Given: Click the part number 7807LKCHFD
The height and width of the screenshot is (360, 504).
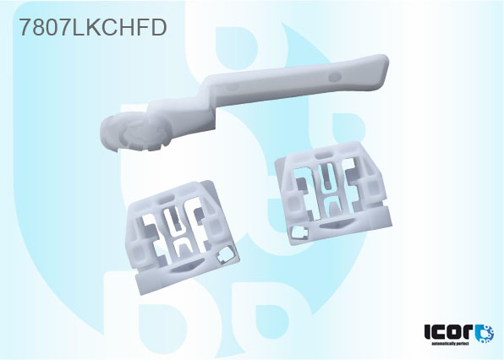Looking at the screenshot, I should point(92,27).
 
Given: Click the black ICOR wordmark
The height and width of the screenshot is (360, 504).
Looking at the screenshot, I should point(448,333).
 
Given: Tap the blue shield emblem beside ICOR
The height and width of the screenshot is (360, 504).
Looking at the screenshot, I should point(485,333).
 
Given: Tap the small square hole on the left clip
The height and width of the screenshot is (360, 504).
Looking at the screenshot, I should point(223,254).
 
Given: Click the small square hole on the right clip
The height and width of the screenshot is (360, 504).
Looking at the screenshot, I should point(298,229).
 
